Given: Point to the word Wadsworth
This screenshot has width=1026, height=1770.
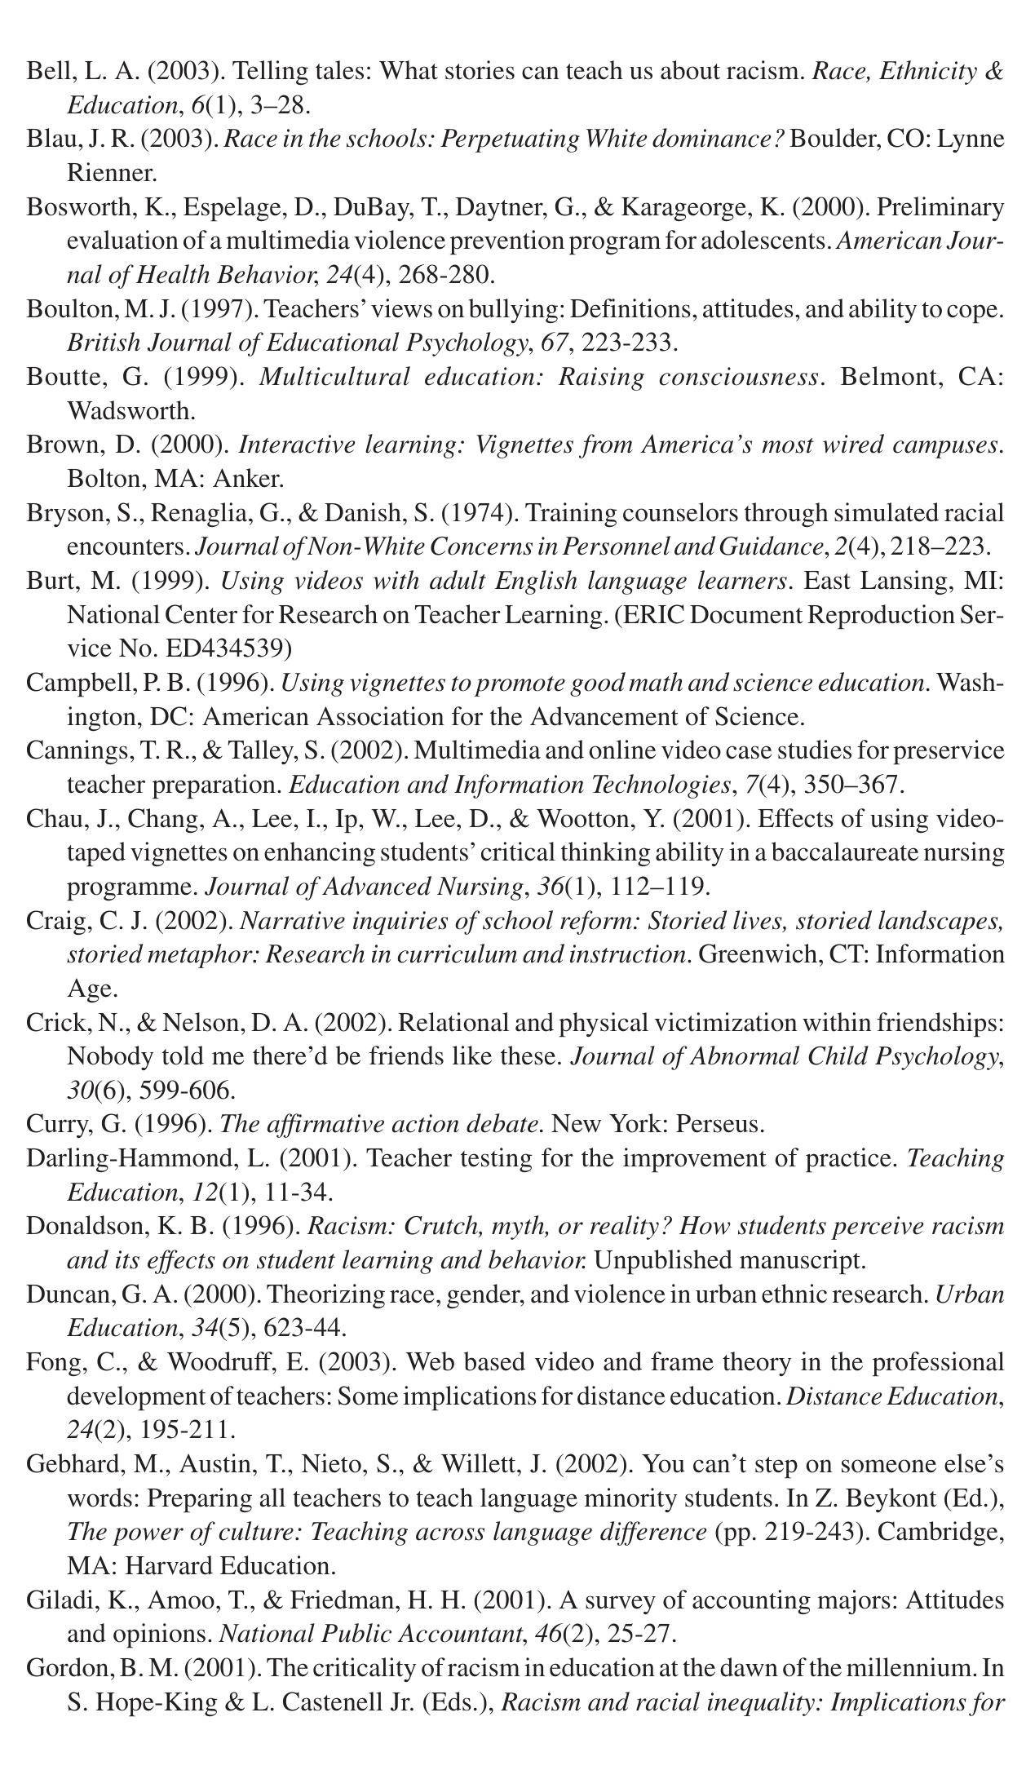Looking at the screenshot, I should point(129,410).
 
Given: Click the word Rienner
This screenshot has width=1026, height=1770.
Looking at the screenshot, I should point(110,173).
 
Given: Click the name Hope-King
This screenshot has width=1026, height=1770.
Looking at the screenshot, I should point(148,1702).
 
